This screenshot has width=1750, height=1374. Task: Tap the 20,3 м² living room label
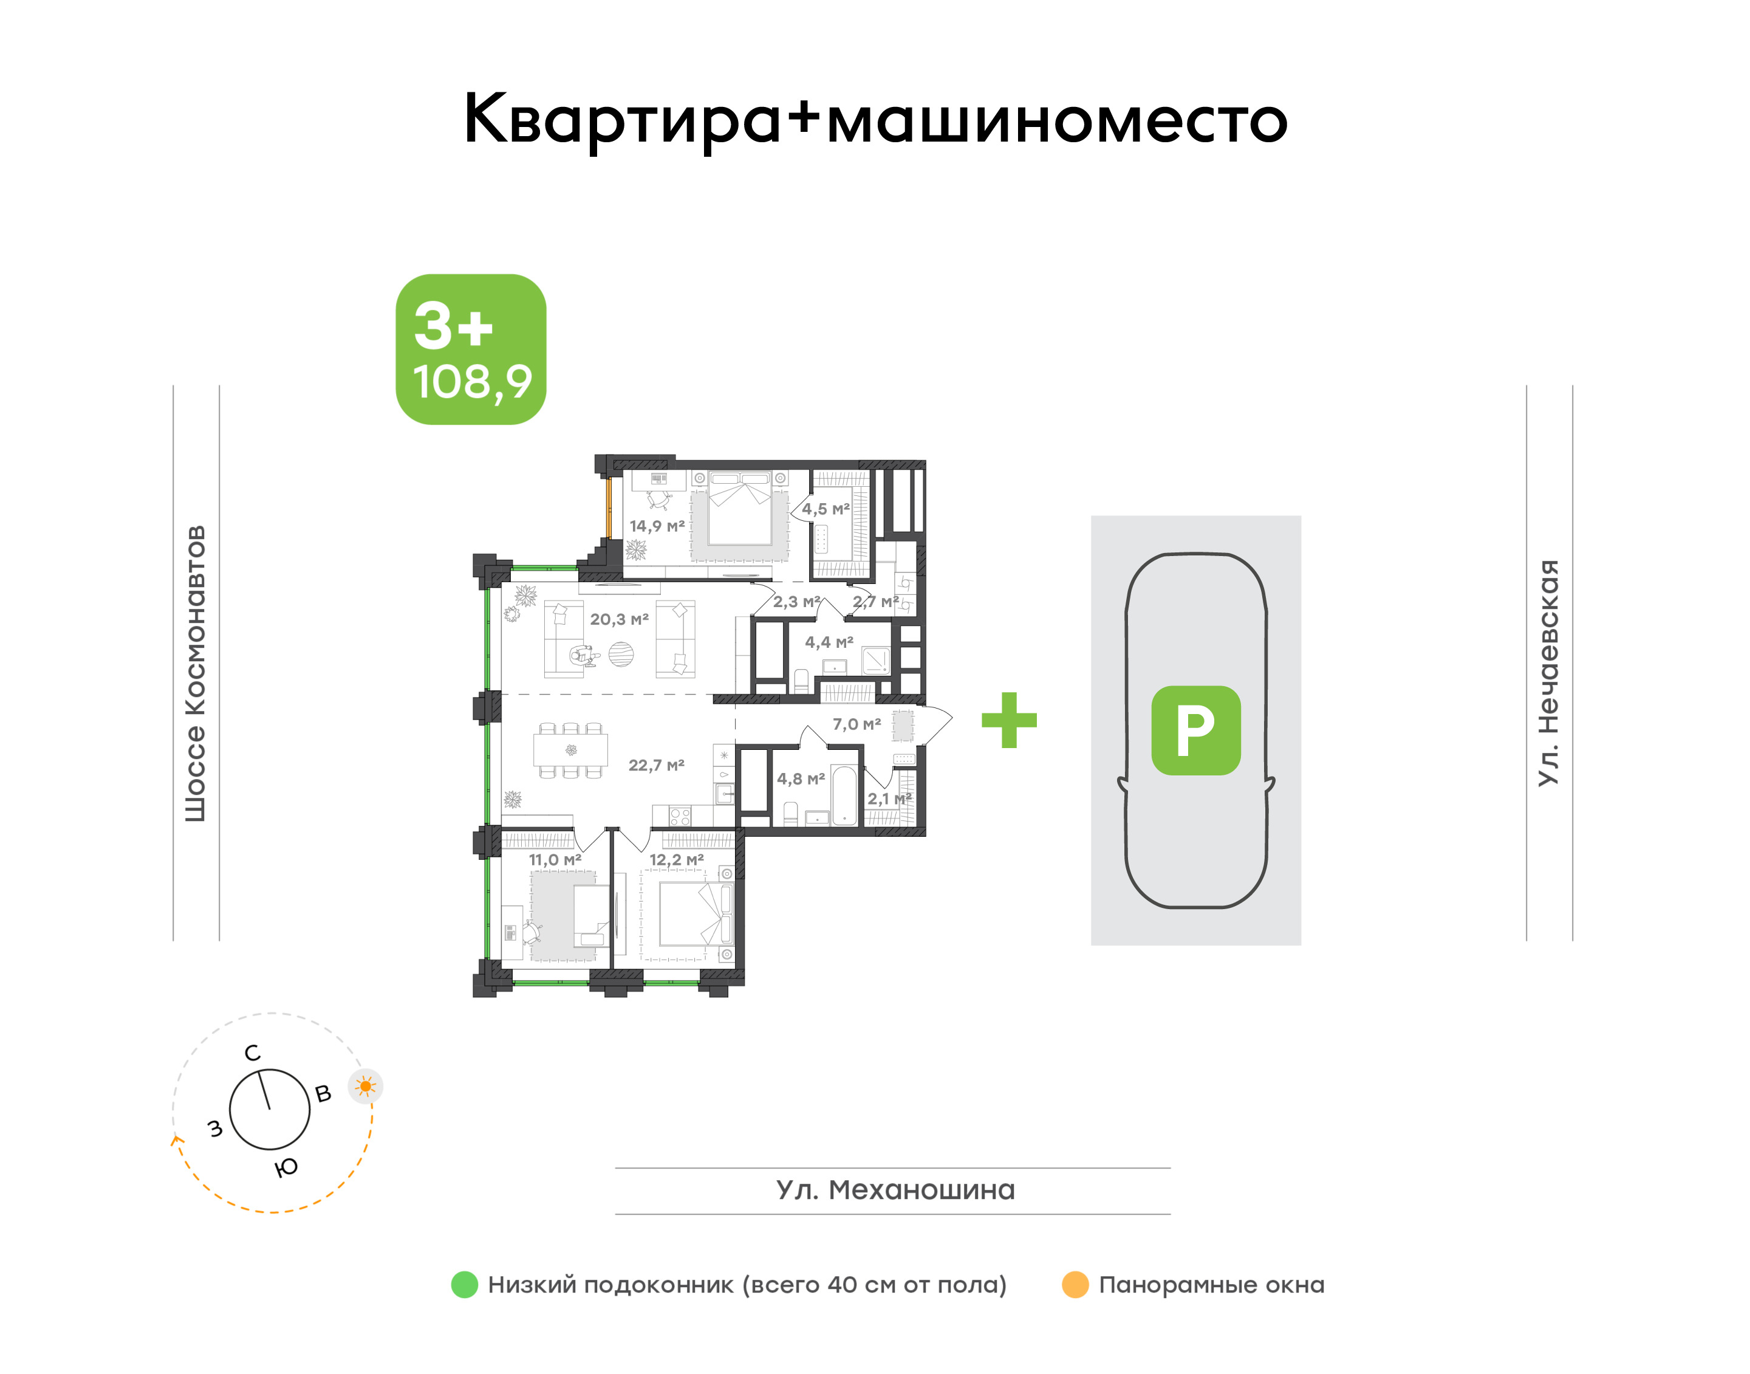click(x=619, y=619)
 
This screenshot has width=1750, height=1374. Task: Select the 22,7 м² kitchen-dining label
click(x=656, y=765)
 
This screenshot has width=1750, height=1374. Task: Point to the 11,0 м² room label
click(x=555, y=860)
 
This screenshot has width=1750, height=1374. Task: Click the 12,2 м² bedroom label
click(x=676, y=860)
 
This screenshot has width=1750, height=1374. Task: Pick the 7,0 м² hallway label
click(x=856, y=725)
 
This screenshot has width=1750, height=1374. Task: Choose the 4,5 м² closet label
click(x=826, y=509)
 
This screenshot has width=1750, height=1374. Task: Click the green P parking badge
click(x=1196, y=730)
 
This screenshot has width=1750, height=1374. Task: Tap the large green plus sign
click(x=1010, y=720)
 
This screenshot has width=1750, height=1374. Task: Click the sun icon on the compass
click(x=366, y=1087)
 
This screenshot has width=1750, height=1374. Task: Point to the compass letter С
click(x=253, y=1053)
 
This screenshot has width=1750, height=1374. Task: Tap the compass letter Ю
click(x=286, y=1167)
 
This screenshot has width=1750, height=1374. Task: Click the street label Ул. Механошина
click(x=895, y=1190)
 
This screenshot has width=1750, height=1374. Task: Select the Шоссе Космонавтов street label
click(x=196, y=674)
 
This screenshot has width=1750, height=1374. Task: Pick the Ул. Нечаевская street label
click(x=1548, y=673)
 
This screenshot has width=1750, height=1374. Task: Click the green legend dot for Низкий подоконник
click(x=465, y=1285)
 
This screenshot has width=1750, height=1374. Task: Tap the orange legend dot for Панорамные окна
click(x=1075, y=1285)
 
